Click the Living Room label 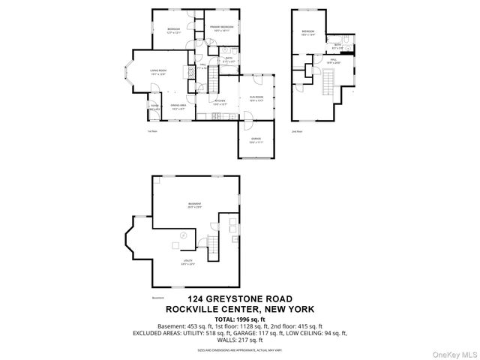[158, 71]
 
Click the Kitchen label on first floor [220, 102]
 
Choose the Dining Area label [178, 106]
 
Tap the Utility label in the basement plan [187, 262]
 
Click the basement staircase [212, 244]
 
